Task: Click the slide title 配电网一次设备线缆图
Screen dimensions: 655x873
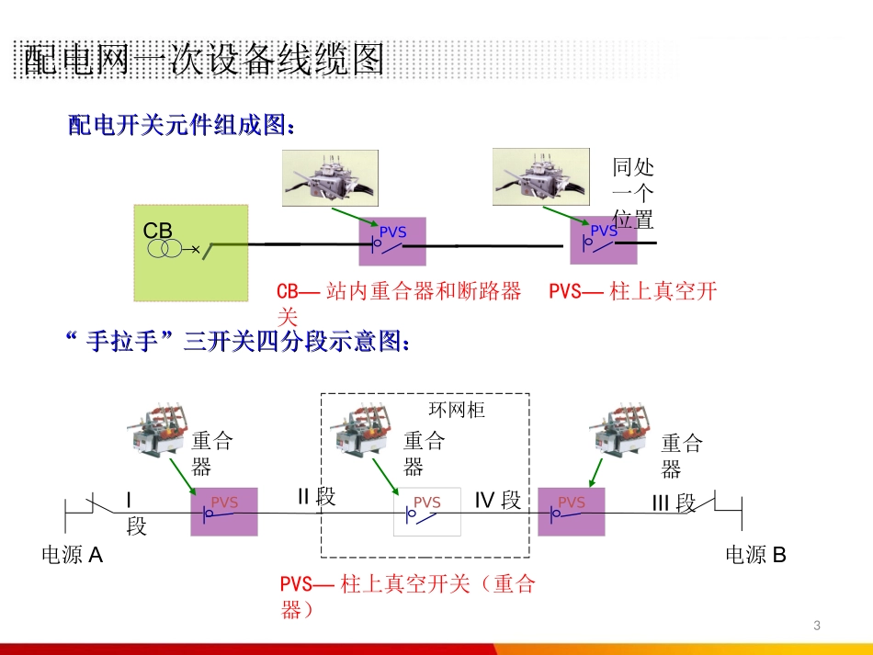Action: click(203, 61)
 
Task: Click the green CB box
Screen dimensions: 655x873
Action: click(191, 253)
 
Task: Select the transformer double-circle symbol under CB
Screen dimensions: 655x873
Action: click(165, 249)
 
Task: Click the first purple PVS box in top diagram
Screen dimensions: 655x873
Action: click(392, 242)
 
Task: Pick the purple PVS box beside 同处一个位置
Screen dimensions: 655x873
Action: click(603, 241)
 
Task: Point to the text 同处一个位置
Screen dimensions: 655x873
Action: click(633, 193)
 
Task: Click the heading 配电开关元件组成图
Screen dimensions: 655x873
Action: click(182, 126)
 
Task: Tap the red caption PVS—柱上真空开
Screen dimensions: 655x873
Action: click(632, 292)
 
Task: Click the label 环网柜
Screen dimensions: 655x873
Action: click(457, 410)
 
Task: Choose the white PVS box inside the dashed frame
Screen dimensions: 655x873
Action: click(427, 511)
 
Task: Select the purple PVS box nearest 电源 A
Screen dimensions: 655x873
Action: click(224, 511)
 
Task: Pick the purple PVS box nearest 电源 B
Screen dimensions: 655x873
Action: click(572, 511)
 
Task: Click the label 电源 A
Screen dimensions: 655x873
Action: click(73, 555)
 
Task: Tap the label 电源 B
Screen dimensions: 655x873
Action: click(755, 555)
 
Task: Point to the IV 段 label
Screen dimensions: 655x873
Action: click(497, 501)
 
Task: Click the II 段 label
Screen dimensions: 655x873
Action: click(316, 497)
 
